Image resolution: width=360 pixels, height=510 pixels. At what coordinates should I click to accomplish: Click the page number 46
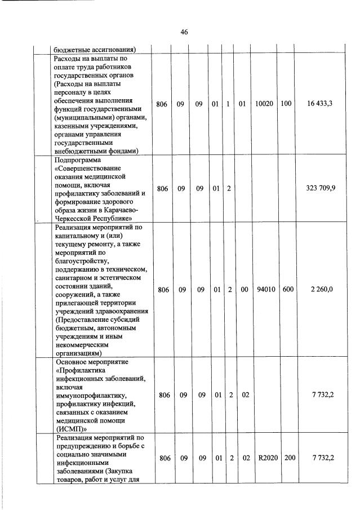184,32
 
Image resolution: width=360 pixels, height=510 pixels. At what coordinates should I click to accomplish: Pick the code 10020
264,104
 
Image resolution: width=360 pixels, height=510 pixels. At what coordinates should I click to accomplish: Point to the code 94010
264,290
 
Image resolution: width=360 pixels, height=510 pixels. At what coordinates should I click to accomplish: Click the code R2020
264,458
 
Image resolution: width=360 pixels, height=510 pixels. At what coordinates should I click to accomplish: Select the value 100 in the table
286,104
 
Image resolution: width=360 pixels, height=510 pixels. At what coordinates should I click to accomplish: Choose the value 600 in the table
286,290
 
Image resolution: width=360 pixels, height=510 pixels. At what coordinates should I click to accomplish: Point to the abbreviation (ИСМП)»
73,428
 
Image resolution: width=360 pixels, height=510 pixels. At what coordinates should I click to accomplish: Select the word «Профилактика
84,370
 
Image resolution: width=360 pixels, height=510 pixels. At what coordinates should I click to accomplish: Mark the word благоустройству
82,261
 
